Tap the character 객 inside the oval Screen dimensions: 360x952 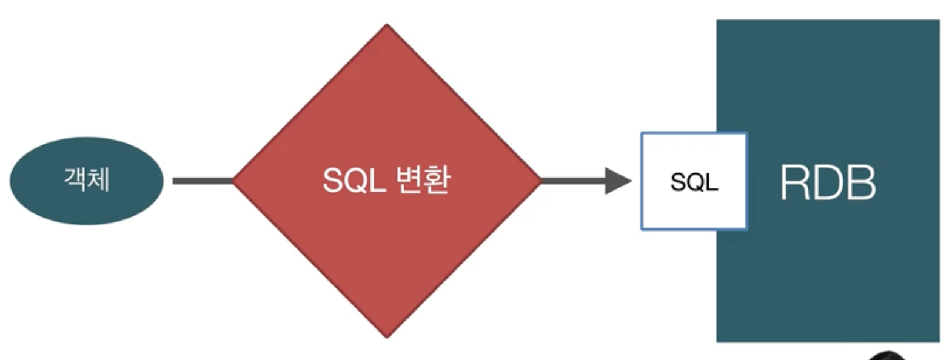click(75, 180)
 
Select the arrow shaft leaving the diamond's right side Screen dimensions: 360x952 click(572, 181)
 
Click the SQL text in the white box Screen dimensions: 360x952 click(694, 182)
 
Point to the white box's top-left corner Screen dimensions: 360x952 click(642, 133)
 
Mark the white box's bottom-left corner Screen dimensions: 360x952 click(642, 228)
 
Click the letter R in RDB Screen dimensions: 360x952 click(794, 182)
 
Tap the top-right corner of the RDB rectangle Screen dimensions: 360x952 click(938, 21)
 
